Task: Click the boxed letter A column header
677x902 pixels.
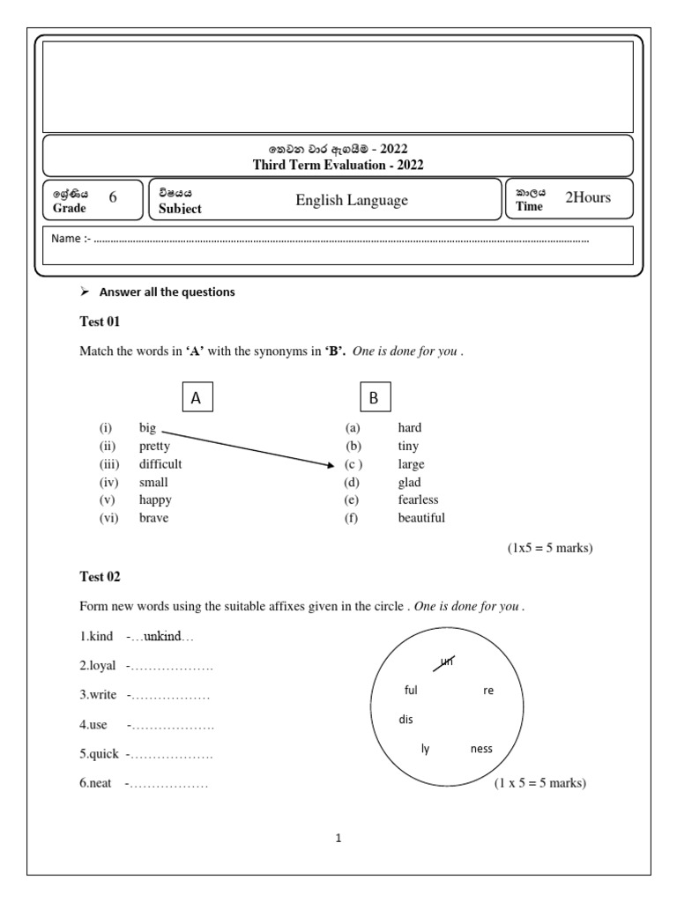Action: click(197, 398)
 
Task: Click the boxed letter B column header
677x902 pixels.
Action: click(374, 398)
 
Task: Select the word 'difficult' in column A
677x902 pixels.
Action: click(160, 464)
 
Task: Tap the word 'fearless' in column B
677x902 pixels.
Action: click(418, 500)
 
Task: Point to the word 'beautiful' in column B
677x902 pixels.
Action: click(421, 518)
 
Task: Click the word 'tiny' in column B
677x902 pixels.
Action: click(408, 447)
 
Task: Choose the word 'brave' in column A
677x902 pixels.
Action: click(153, 518)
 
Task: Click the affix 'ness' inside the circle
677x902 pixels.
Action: click(481, 749)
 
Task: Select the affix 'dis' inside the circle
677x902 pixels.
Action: click(405, 720)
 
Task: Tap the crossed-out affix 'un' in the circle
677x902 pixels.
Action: click(447, 662)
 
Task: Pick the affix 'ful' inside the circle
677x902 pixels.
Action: click(410, 691)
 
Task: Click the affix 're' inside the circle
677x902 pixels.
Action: click(488, 691)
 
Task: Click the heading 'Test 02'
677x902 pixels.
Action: click(100, 577)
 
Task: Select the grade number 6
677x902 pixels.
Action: click(113, 198)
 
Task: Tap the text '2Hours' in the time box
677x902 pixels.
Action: click(587, 197)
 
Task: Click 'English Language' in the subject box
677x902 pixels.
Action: click(352, 200)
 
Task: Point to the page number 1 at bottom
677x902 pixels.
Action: click(338, 839)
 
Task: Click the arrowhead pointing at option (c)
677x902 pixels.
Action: click(331, 464)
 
